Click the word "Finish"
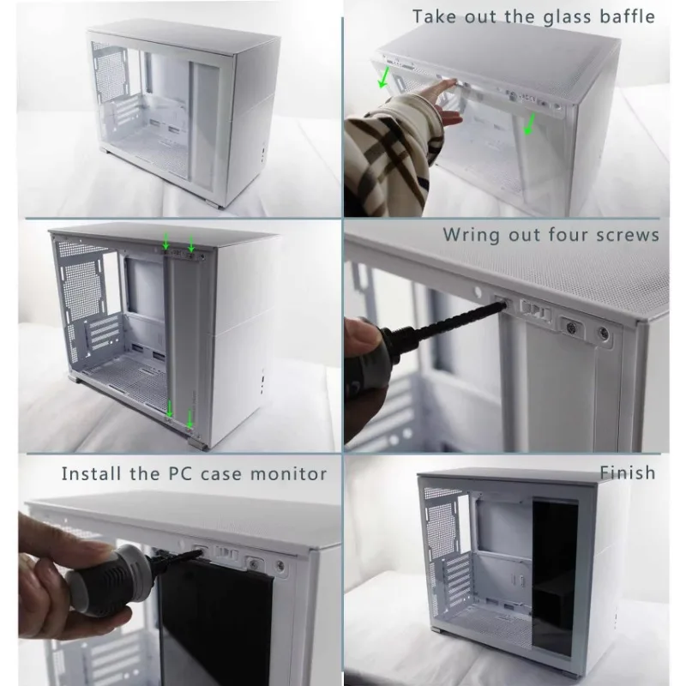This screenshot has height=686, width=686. click(628, 472)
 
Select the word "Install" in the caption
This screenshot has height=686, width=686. click(91, 473)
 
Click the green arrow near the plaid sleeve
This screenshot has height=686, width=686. click(383, 77)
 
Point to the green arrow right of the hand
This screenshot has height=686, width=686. click(529, 123)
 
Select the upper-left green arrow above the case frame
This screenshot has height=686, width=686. click(165, 241)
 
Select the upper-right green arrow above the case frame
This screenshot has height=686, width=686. click(191, 243)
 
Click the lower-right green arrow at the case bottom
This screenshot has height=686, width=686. click(190, 418)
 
